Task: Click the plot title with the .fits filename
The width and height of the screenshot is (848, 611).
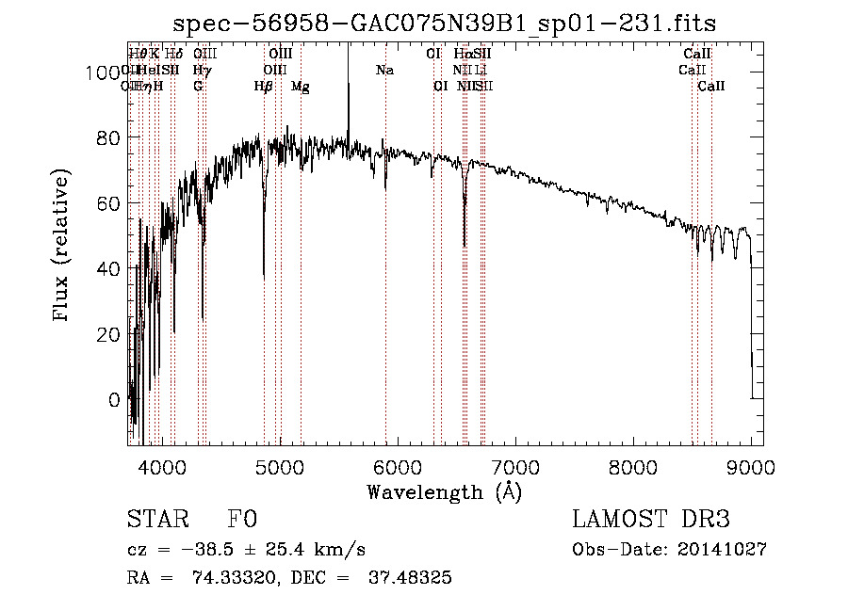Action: [451, 24]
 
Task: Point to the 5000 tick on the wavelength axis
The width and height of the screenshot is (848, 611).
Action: [279, 465]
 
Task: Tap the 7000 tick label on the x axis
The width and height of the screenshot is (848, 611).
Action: [515, 465]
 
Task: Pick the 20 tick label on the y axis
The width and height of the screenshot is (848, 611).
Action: [111, 334]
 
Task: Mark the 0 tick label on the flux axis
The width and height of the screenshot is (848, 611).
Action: [116, 400]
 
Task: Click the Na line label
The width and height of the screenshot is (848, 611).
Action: [384, 71]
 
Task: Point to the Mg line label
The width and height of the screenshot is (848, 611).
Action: [301, 87]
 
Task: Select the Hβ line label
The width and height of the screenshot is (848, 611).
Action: [264, 87]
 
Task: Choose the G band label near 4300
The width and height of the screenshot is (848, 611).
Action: [198, 87]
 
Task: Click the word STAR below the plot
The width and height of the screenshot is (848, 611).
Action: [156, 520]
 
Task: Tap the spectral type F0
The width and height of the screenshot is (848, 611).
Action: [243, 520]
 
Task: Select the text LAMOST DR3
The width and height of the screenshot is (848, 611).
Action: [651, 520]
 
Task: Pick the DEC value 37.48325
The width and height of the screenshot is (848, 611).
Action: [413, 578]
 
